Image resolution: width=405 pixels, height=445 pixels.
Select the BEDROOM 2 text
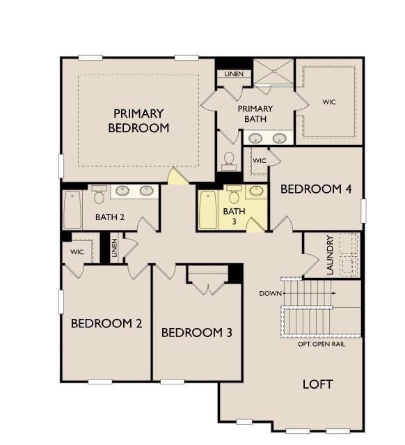point(106,323)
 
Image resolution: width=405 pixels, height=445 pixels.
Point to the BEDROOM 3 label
point(196,333)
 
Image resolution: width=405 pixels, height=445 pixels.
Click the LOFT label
point(317,384)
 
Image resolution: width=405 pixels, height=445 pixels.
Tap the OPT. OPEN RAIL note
point(321,344)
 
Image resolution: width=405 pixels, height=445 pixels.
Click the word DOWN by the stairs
point(270,293)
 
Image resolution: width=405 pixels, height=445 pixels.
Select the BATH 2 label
point(110,217)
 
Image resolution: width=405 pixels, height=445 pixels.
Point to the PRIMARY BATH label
point(255,114)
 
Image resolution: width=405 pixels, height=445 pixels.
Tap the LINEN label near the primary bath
point(234,74)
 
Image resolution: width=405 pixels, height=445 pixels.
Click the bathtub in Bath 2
point(72,210)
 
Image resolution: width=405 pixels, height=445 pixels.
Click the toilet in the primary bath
point(228,161)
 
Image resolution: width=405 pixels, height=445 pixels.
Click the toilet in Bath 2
point(99,196)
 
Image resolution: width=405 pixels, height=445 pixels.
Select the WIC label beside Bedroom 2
point(77,252)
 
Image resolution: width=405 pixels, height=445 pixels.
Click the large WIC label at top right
point(329,102)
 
